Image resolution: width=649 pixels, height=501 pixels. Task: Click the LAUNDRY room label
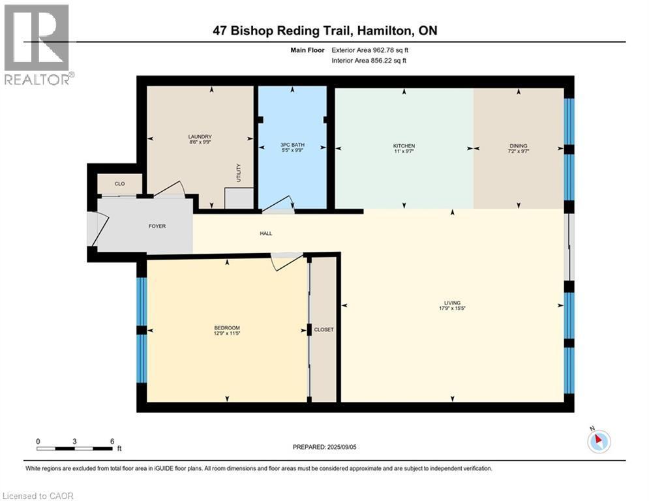pos(200,136)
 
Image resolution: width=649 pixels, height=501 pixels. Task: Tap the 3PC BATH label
pos(292,145)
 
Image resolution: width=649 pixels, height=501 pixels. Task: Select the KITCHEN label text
pos(404,145)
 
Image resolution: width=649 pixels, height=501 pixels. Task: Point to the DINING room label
pos(519,145)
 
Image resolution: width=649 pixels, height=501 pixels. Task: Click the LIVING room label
pos(452,303)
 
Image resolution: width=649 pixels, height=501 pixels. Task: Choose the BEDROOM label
pos(227,327)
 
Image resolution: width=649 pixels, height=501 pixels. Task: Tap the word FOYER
pos(157,226)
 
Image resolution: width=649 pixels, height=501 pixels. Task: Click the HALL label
pos(265,233)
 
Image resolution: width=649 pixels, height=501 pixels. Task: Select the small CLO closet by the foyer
pos(119,184)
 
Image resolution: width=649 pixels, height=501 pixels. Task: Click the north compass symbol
pos(598,441)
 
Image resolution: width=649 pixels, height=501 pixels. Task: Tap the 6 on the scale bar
pos(112,441)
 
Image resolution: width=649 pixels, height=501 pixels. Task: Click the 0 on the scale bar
pos(38,441)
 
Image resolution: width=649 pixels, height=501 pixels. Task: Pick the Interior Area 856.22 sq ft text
pos(370,61)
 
